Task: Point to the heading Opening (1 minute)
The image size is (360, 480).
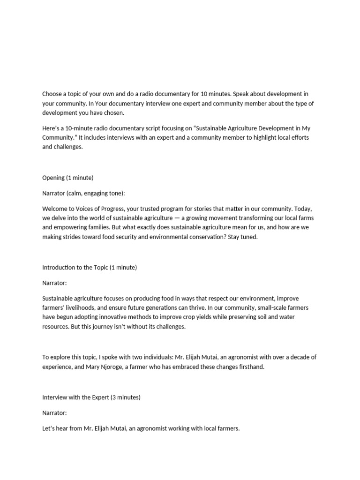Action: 68,178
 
